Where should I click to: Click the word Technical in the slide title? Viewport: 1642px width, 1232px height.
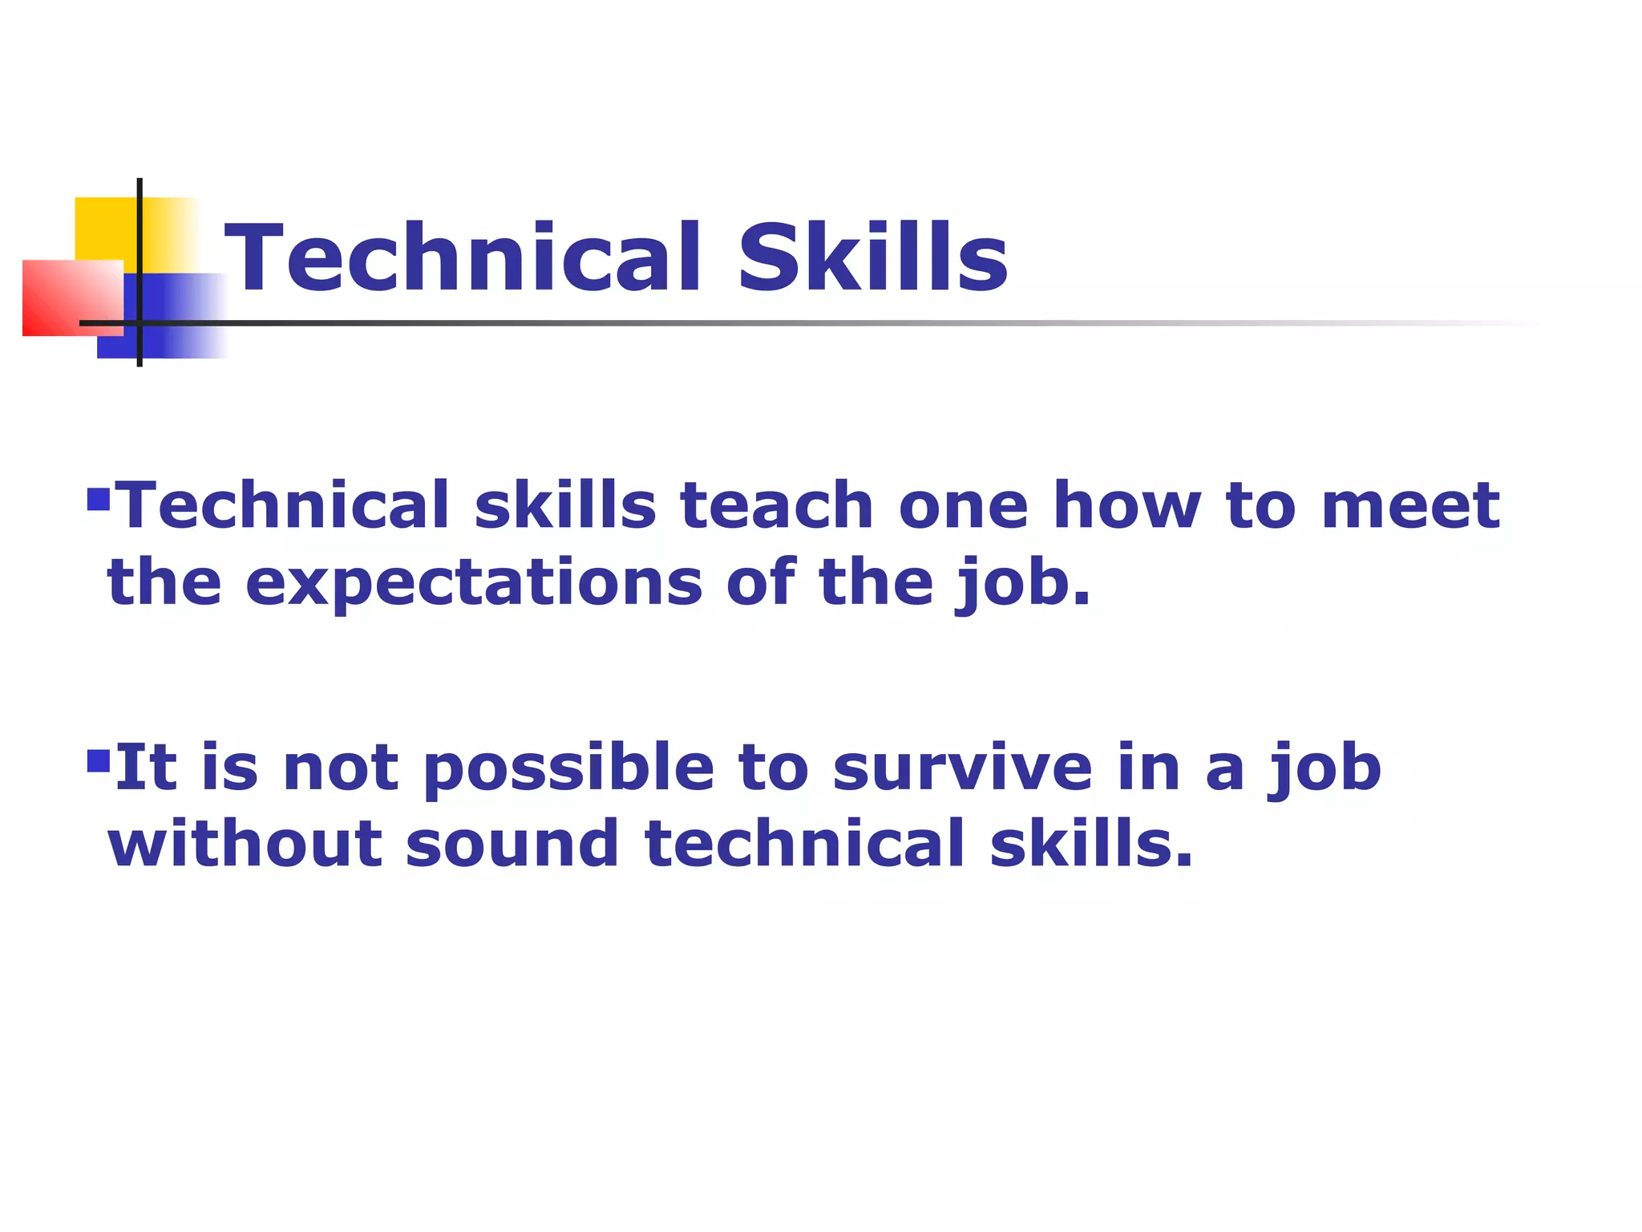pyautogui.click(x=463, y=257)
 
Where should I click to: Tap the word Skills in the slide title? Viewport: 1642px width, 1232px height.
pyautogui.click(x=872, y=257)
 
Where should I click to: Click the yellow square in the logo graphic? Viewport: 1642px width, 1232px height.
pyautogui.click(x=104, y=229)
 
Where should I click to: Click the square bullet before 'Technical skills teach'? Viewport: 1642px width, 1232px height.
pyautogui.click(x=98, y=499)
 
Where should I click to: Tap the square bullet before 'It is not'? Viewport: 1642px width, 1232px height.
pyautogui.click(x=98, y=760)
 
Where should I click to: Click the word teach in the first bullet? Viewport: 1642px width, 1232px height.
pyautogui.click(x=776, y=505)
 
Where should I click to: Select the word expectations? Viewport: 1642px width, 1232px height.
pyautogui.click(x=474, y=584)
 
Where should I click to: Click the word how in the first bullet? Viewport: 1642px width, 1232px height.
pyautogui.click(x=1127, y=505)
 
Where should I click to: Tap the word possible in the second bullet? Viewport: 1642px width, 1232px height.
pyautogui.click(x=568, y=768)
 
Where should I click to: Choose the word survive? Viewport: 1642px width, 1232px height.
pyautogui.click(x=962, y=768)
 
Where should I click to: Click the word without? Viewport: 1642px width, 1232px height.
pyautogui.click(x=245, y=844)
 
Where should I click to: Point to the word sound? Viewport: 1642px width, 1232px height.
pyautogui.click(x=512, y=844)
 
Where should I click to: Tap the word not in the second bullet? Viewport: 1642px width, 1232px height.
pyautogui.click(x=341, y=768)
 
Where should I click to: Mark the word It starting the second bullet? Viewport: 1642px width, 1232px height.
pyautogui.click(x=145, y=768)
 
